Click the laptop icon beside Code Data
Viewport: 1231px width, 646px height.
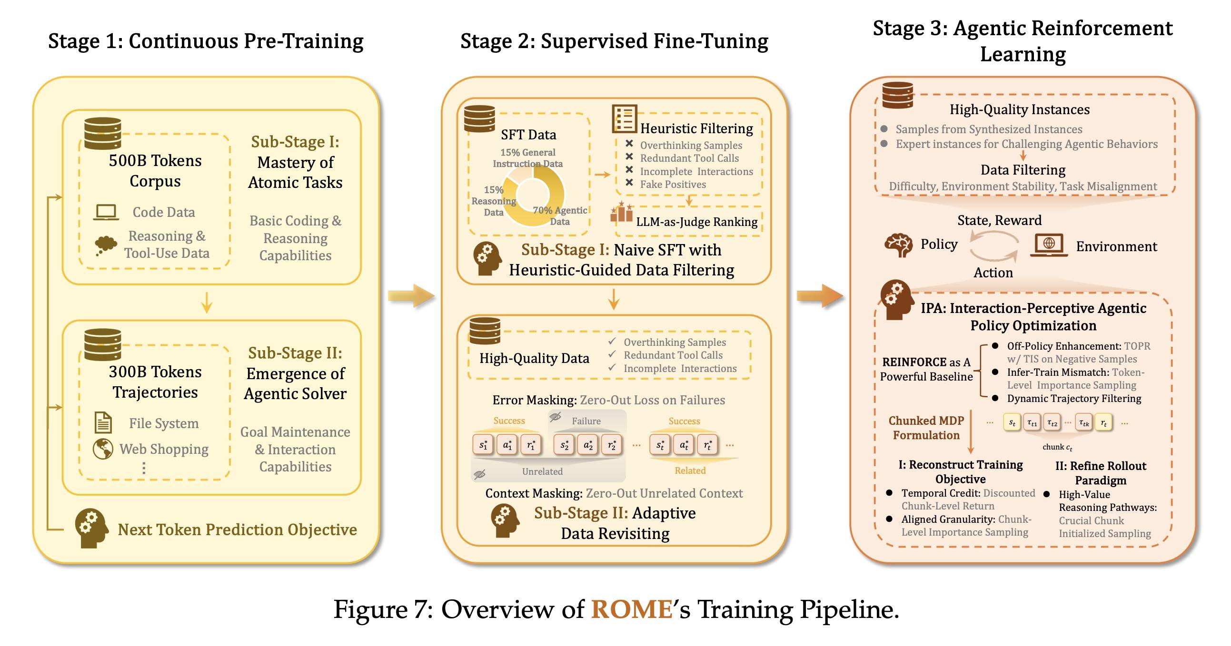coord(106,212)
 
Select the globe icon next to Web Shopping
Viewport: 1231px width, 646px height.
coord(103,449)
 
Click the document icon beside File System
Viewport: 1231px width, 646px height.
coord(103,422)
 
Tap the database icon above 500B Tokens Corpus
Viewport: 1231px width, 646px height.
coord(102,133)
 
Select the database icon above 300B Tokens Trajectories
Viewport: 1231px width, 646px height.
coord(102,344)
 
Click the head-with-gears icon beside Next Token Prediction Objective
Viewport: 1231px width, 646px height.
coord(91,529)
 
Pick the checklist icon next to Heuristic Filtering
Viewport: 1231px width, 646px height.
coord(624,119)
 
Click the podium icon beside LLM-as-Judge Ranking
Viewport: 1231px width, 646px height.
coord(622,213)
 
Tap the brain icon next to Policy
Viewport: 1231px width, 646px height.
coord(898,245)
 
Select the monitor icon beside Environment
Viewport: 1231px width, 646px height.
coord(1049,245)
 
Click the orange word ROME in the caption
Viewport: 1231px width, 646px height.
coord(632,609)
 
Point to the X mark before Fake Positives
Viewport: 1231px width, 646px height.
coord(629,182)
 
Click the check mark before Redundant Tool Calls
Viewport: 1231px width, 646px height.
coord(612,354)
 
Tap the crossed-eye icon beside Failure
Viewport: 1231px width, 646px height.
coord(556,417)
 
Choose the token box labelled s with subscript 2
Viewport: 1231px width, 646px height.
coord(565,445)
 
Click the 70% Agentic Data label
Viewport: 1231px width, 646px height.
coord(560,215)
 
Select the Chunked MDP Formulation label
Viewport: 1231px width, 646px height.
coord(926,428)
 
